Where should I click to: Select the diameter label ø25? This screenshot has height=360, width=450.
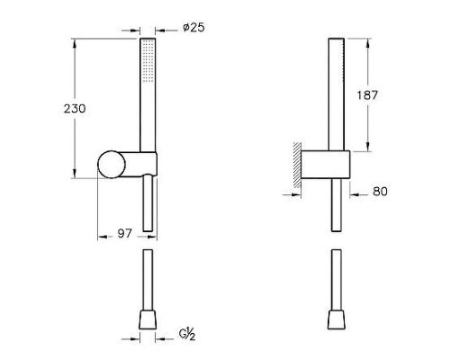point(193,27)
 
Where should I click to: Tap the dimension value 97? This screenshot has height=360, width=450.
point(124,233)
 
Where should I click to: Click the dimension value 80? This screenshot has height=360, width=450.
point(379,191)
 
